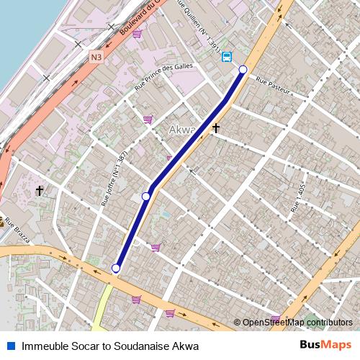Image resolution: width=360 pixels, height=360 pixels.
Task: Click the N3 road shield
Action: pos(96,56)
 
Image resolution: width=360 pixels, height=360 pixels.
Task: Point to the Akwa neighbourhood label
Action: pos(181,130)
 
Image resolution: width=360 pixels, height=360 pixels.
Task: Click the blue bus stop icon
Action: pos(228,56)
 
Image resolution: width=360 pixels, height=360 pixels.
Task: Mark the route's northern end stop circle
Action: pos(243,69)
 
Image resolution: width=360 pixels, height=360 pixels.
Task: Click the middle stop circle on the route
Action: pos(146,196)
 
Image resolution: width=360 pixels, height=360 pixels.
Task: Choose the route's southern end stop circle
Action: pos(116,269)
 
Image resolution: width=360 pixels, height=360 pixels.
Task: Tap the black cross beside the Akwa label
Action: pos(215,127)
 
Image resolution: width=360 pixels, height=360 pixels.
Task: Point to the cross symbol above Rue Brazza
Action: pos(40,191)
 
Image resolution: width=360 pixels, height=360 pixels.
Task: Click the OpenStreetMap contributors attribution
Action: pos(297,323)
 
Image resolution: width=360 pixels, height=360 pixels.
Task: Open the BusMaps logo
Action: pos(326,346)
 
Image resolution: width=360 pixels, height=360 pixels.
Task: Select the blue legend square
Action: pos(10,346)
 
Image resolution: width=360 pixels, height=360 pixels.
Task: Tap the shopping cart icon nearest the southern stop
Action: pos(156,248)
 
